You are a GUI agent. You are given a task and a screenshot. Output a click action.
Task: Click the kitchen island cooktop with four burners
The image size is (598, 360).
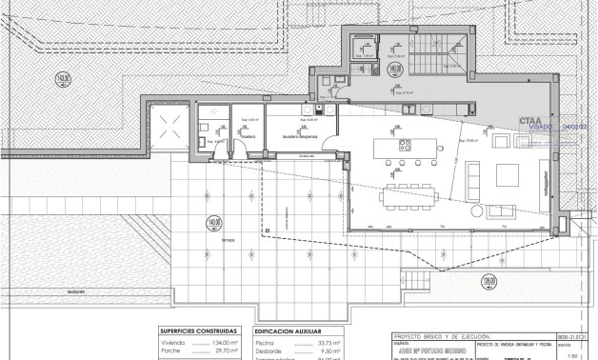point(404,147)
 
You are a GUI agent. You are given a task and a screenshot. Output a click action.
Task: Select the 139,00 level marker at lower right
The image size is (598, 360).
point(570,283)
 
